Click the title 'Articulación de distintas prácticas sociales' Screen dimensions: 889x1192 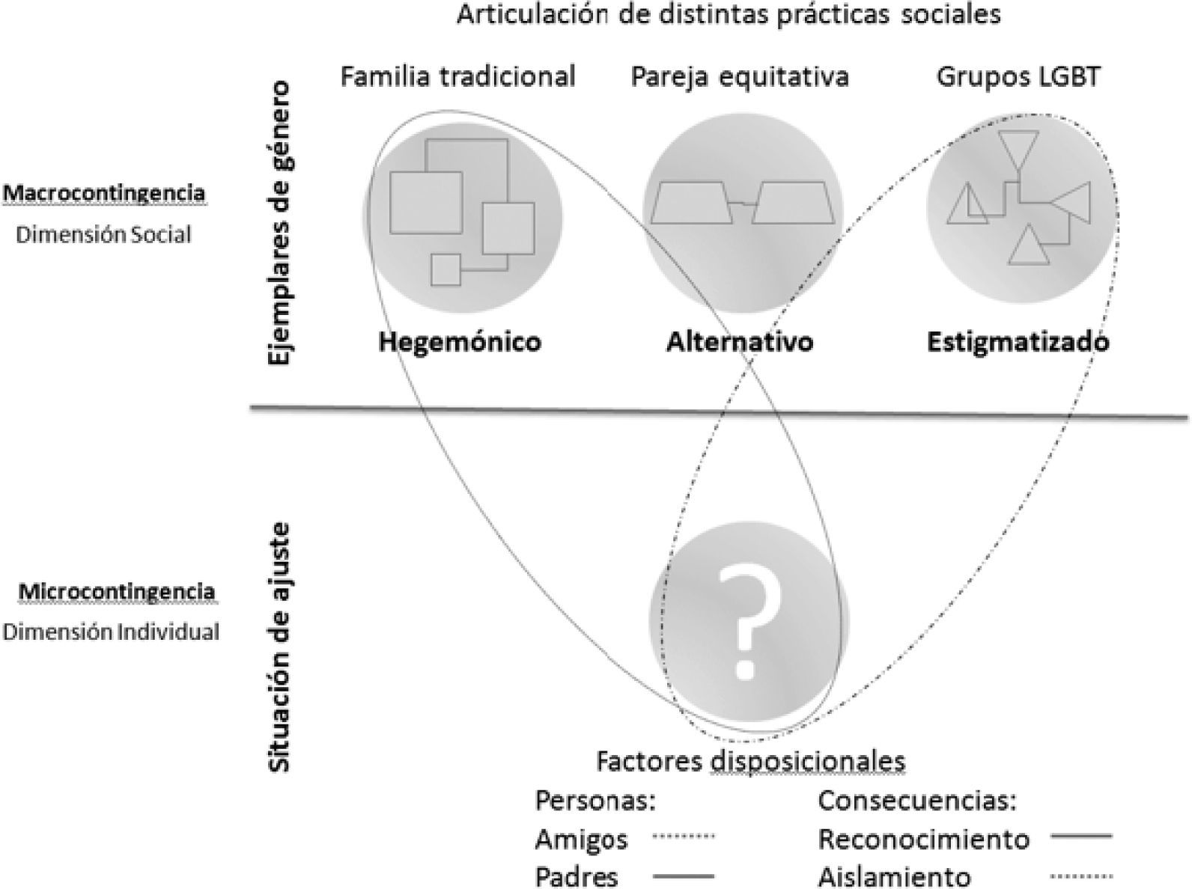(728, 15)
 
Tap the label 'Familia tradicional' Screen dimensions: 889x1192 (457, 76)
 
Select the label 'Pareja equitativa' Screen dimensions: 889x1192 (740, 76)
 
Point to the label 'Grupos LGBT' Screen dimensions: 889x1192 (1018, 76)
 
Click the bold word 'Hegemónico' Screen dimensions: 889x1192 (460, 342)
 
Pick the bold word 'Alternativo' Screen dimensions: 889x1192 (740, 342)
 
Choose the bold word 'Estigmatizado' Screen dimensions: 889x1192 (1018, 342)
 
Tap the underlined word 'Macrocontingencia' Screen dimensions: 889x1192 (104, 193)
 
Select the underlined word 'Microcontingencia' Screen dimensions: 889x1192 (117, 591)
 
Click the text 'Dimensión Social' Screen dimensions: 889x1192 (103, 235)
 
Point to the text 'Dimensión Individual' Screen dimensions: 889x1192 (111, 632)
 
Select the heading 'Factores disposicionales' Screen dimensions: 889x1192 (750, 761)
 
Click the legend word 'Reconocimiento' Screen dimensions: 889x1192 (924, 839)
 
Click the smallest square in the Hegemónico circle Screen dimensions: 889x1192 (446, 269)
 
